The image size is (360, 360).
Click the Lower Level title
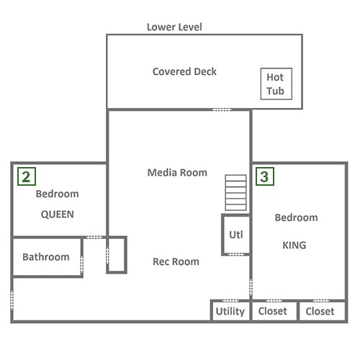point(174,27)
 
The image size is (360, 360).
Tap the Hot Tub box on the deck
point(276,84)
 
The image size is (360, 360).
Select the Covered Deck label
point(184,71)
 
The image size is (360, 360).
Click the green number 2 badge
point(27,176)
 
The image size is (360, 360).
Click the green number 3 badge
point(265,176)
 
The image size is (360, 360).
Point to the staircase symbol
point(235,192)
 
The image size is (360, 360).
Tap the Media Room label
point(177,173)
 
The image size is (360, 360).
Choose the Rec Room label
point(176,261)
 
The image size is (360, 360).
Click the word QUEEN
point(58,215)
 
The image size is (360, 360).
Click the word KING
point(294,245)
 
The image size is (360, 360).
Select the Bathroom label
point(46,257)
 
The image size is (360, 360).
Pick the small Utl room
point(236,235)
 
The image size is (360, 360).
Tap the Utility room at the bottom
point(230,310)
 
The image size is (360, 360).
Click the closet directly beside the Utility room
point(274,310)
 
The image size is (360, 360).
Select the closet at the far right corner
point(322,310)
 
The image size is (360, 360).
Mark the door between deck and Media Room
point(222,109)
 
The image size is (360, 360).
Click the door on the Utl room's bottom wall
point(235,254)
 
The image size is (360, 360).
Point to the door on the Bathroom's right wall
point(82,265)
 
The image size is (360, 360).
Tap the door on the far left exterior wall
point(12,300)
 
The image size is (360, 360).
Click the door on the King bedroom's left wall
point(251,287)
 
